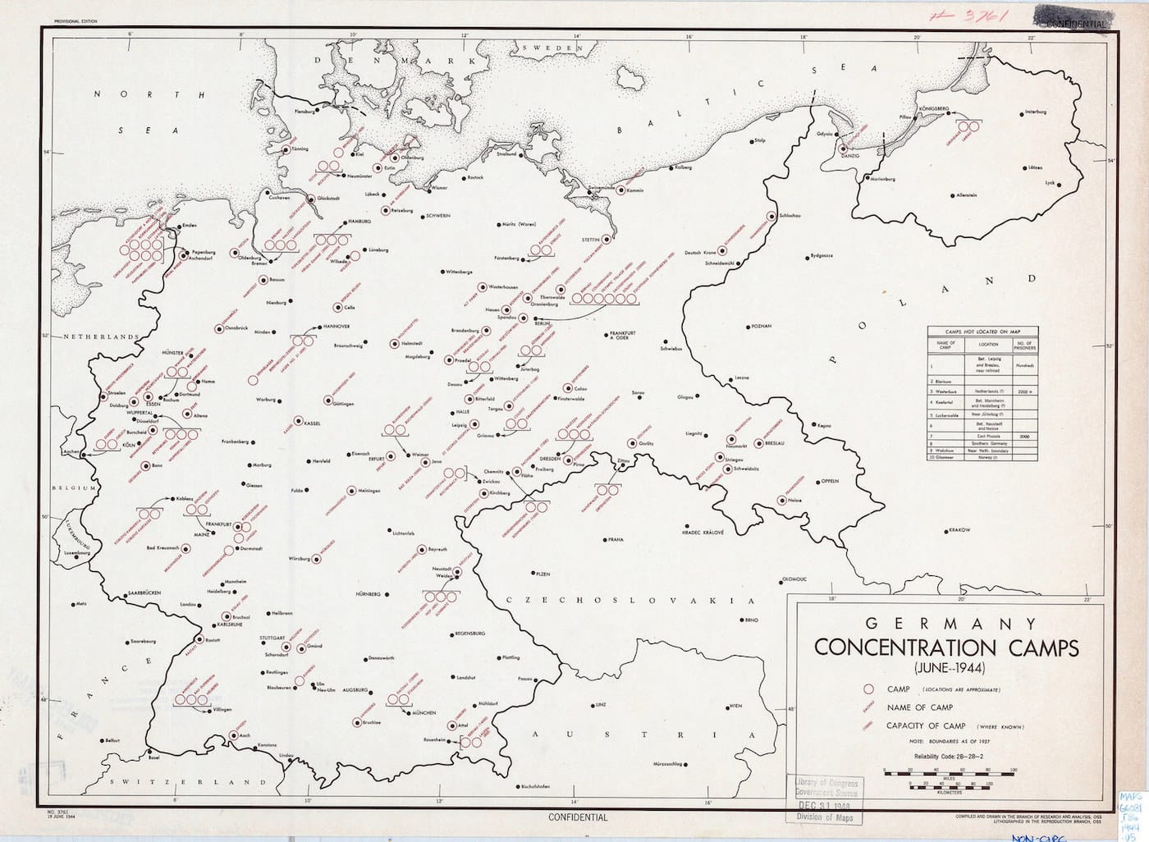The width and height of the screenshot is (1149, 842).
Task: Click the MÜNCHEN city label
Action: point(424,713)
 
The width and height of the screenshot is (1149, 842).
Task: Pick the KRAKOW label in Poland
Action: point(959,530)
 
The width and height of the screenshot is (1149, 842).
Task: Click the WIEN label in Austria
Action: point(735,706)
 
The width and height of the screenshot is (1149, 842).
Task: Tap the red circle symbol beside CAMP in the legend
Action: point(867,689)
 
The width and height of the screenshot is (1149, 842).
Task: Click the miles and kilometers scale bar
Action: point(950,776)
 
